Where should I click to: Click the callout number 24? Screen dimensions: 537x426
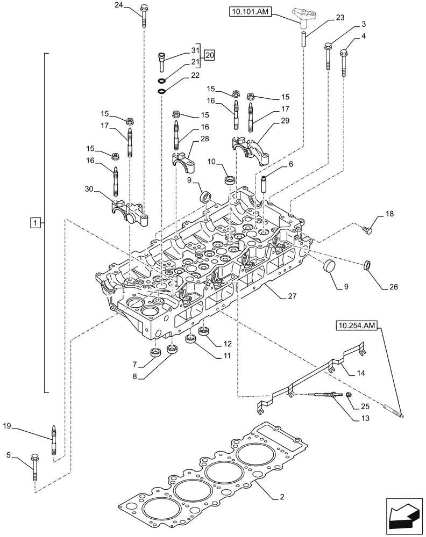pyautogui.click(x=119, y=6)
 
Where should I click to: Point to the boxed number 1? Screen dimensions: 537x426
pyautogui.click(x=34, y=222)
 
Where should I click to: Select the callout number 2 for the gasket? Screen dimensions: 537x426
pyautogui.click(x=281, y=498)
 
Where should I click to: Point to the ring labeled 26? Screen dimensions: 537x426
pyautogui.click(x=368, y=264)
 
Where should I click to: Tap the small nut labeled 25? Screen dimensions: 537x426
pyautogui.click(x=349, y=395)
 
